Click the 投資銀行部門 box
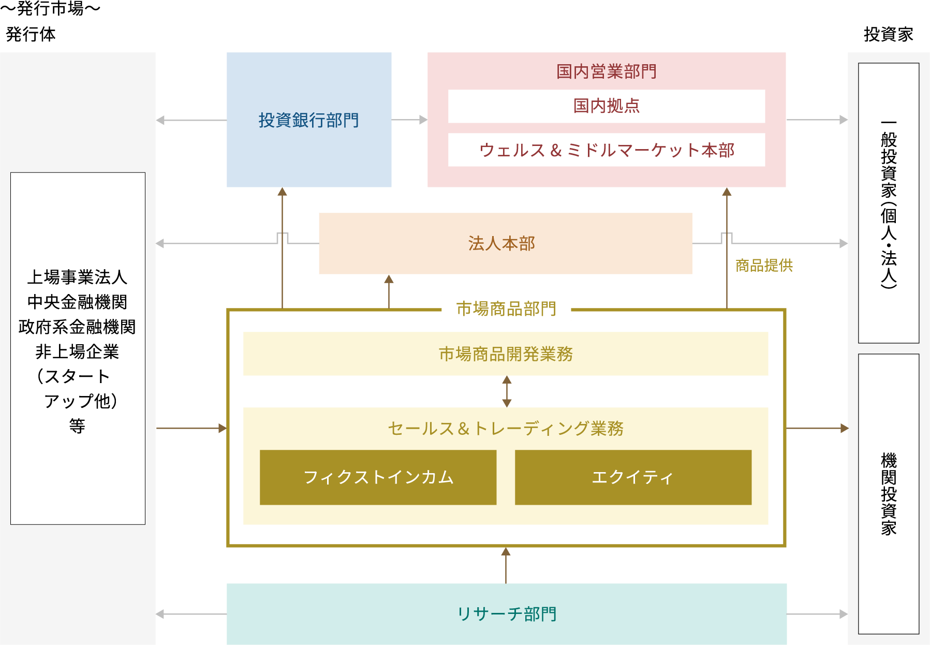coord(309,120)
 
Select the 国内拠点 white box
coord(606,106)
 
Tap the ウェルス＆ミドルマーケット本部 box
coord(606,150)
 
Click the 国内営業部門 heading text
coord(606,71)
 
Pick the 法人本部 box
coord(505,243)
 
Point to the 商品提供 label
coord(764,266)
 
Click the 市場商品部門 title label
coord(506,309)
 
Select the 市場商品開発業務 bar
coord(506,354)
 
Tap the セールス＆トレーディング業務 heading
coord(506,429)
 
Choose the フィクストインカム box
coord(378,477)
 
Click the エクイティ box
coord(633,477)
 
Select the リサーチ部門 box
coord(507,614)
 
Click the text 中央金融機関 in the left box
coord(77,302)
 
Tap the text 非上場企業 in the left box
coord(77,352)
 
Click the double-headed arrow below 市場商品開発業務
coord(507,391)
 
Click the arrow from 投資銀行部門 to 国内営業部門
coord(409,120)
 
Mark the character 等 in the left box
coord(77,426)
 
